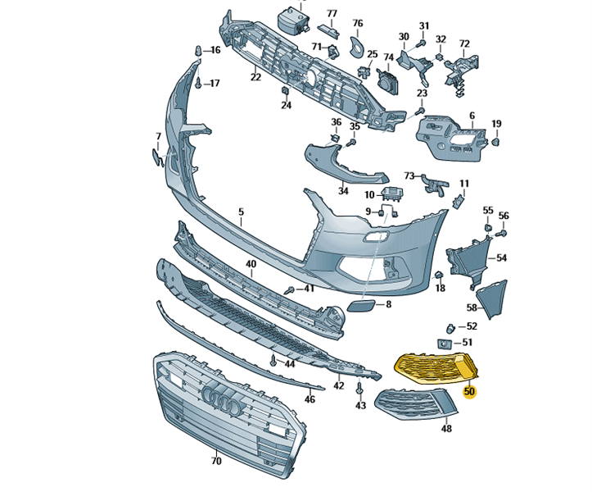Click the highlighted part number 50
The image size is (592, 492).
[469, 391]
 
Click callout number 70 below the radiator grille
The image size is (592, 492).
[216, 462]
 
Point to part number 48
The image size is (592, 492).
[446, 427]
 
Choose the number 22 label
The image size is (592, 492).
[255, 77]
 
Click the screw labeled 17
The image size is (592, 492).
[199, 83]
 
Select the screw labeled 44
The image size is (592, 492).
[273, 360]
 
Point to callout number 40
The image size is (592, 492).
[251, 264]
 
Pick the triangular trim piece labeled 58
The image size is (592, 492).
[495, 297]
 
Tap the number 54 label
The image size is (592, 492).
[501, 257]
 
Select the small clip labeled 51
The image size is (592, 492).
[445, 343]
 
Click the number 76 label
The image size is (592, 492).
[357, 24]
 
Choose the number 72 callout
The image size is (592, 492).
[464, 43]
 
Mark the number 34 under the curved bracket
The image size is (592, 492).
[343, 191]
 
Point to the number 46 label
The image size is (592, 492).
[310, 399]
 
